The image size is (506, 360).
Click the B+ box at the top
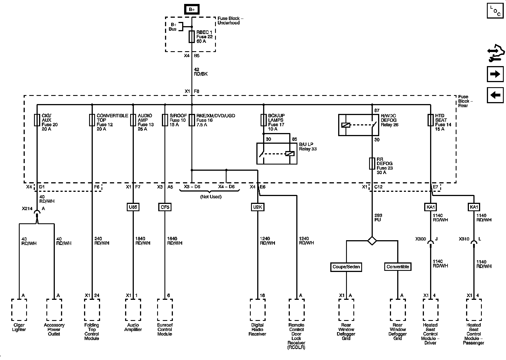pyautogui.click(x=192, y=9)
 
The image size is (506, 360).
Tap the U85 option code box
pyautogui.click(x=133, y=207)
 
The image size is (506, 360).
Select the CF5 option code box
pyautogui.click(x=165, y=207)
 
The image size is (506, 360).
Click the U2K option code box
pyautogui.click(x=257, y=207)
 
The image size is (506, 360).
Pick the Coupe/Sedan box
pyautogui.click(x=346, y=267)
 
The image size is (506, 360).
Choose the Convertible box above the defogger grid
pyautogui.click(x=398, y=267)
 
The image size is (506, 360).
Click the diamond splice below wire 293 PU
pyautogui.click(x=372, y=241)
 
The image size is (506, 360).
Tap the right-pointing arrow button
pyautogui.click(x=495, y=74)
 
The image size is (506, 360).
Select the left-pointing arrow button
pyautogui.click(x=495, y=95)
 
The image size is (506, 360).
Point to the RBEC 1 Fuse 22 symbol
pyautogui.click(x=192, y=37)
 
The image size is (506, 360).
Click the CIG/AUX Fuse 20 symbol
pyautogui.click(x=37, y=120)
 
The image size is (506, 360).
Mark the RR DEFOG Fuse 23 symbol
pyautogui.click(x=372, y=163)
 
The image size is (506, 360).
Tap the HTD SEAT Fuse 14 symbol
pyautogui.click(x=430, y=120)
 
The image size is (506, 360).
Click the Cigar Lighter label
pyautogui.click(x=19, y=327)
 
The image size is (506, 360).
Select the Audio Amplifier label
pyautogui.click(x=133, y=327)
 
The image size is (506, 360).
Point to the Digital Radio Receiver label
pyautogui.click(x=257, y=330)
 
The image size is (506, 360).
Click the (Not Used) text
pyautogui.click(x=211, y=197)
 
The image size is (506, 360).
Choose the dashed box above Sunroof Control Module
pyautogui.click(x=165, y=310)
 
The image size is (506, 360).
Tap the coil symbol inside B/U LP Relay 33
pyautogui.click(x=290, y=154)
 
